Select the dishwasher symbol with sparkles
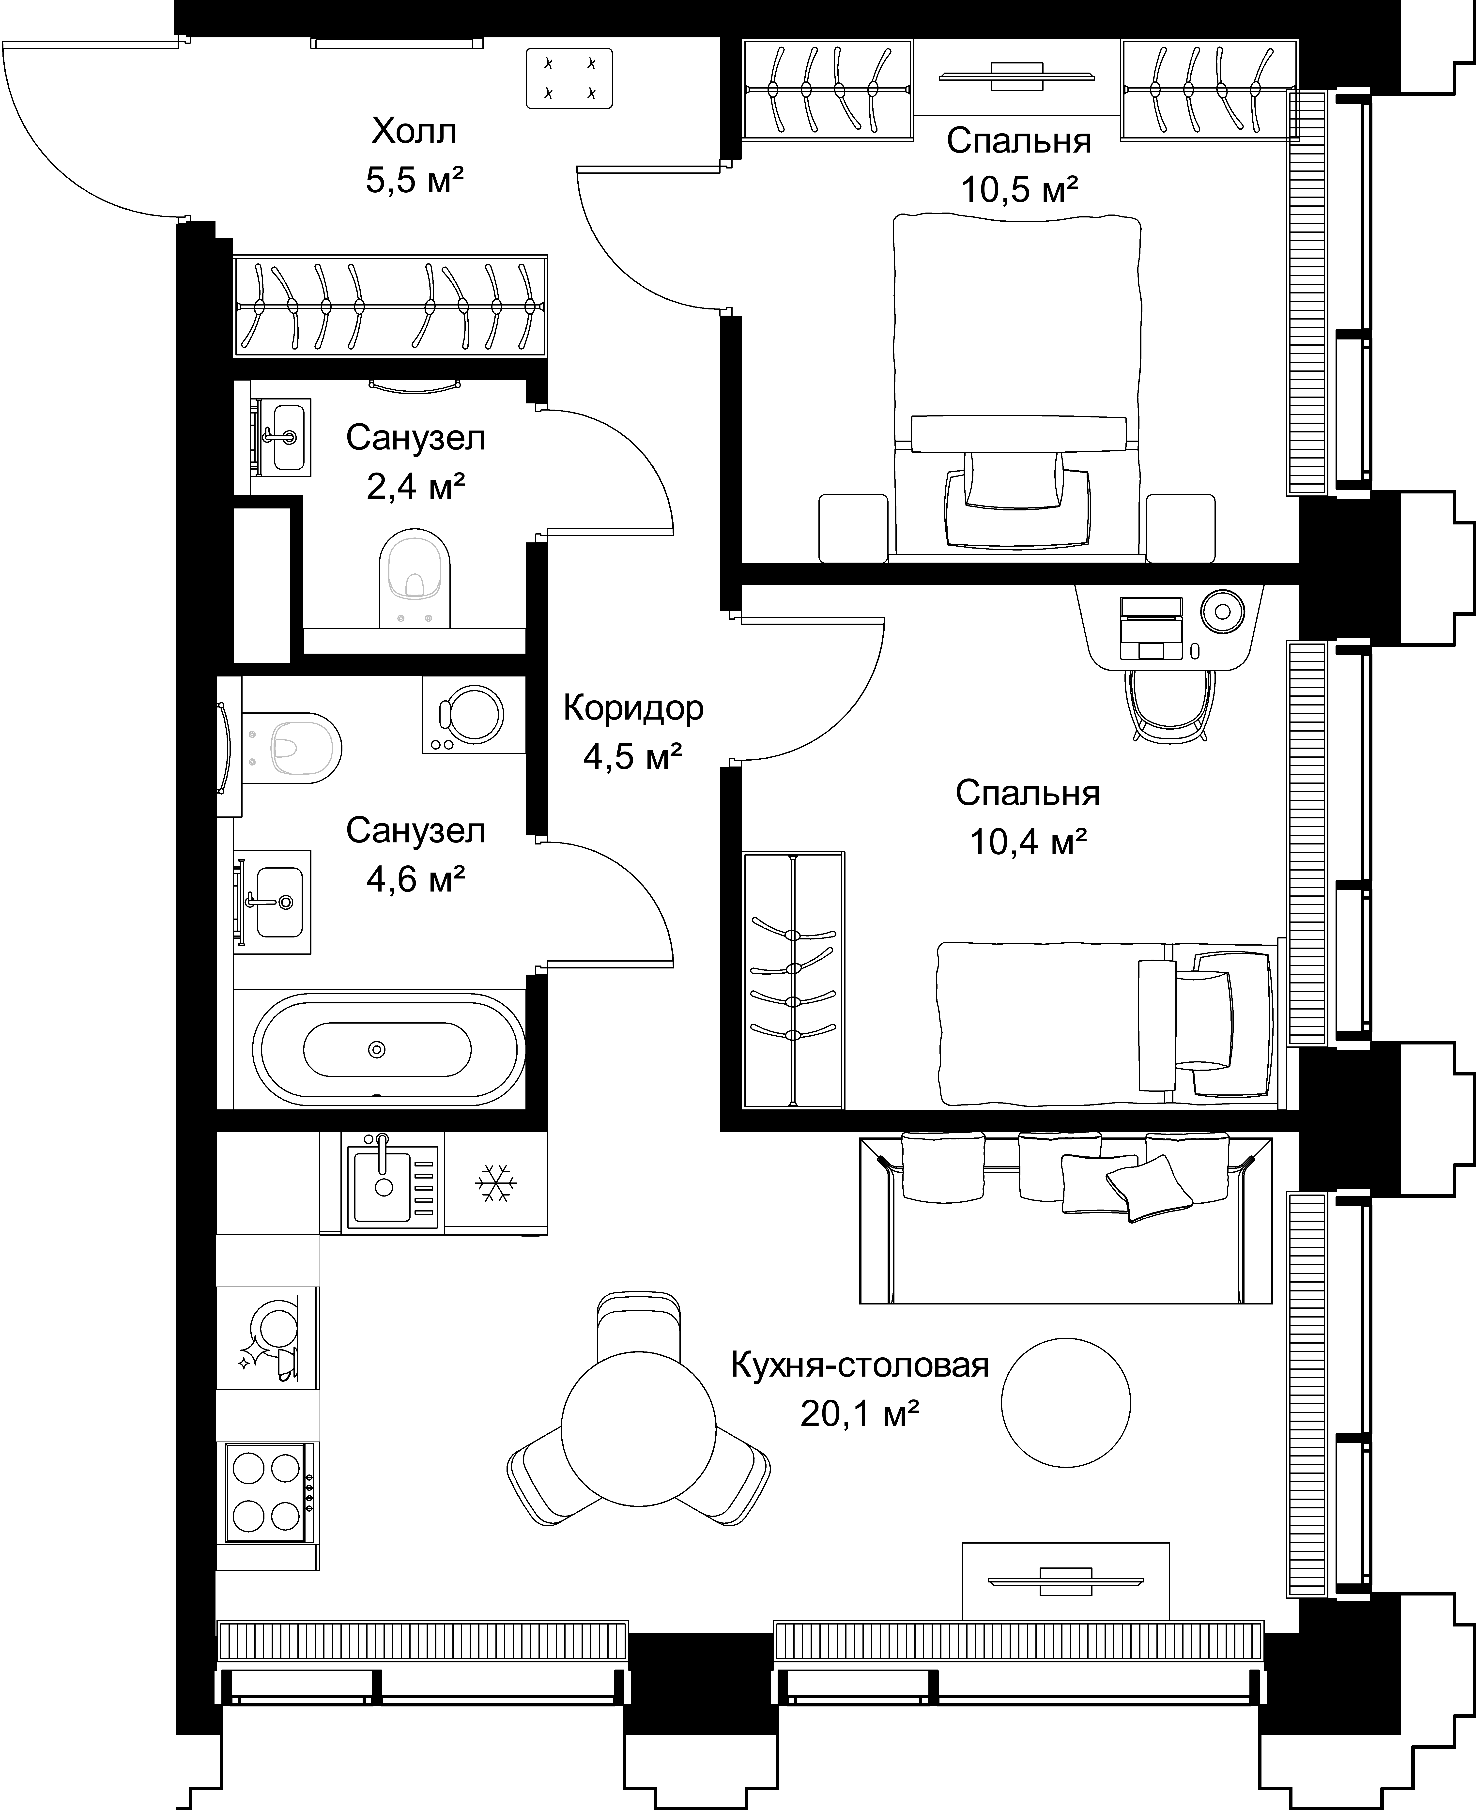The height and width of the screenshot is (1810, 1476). (268, 1338)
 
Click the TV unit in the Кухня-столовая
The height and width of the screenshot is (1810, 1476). (1065, 1581)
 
